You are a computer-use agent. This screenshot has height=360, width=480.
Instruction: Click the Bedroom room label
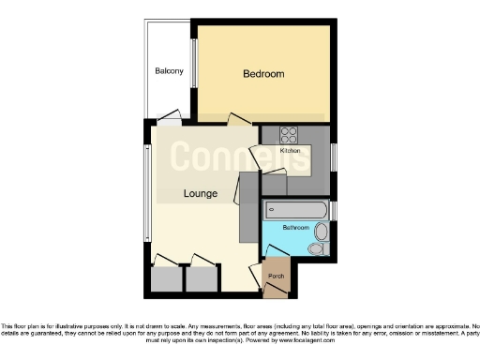263,74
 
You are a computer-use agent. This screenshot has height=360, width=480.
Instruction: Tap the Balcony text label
169,71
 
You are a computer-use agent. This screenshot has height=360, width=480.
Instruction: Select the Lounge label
201,194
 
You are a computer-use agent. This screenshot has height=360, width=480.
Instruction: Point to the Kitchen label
291,150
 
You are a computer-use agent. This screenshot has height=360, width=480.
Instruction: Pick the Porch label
276,276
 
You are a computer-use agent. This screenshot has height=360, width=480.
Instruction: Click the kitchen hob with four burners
289,134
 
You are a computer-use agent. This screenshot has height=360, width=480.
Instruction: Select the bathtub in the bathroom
295,209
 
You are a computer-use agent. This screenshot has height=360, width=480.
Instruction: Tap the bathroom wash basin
322,232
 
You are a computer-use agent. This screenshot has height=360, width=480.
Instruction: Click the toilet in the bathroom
316,249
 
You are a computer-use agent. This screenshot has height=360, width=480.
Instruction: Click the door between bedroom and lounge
240,119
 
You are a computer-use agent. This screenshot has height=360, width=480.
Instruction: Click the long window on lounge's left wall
146,193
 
